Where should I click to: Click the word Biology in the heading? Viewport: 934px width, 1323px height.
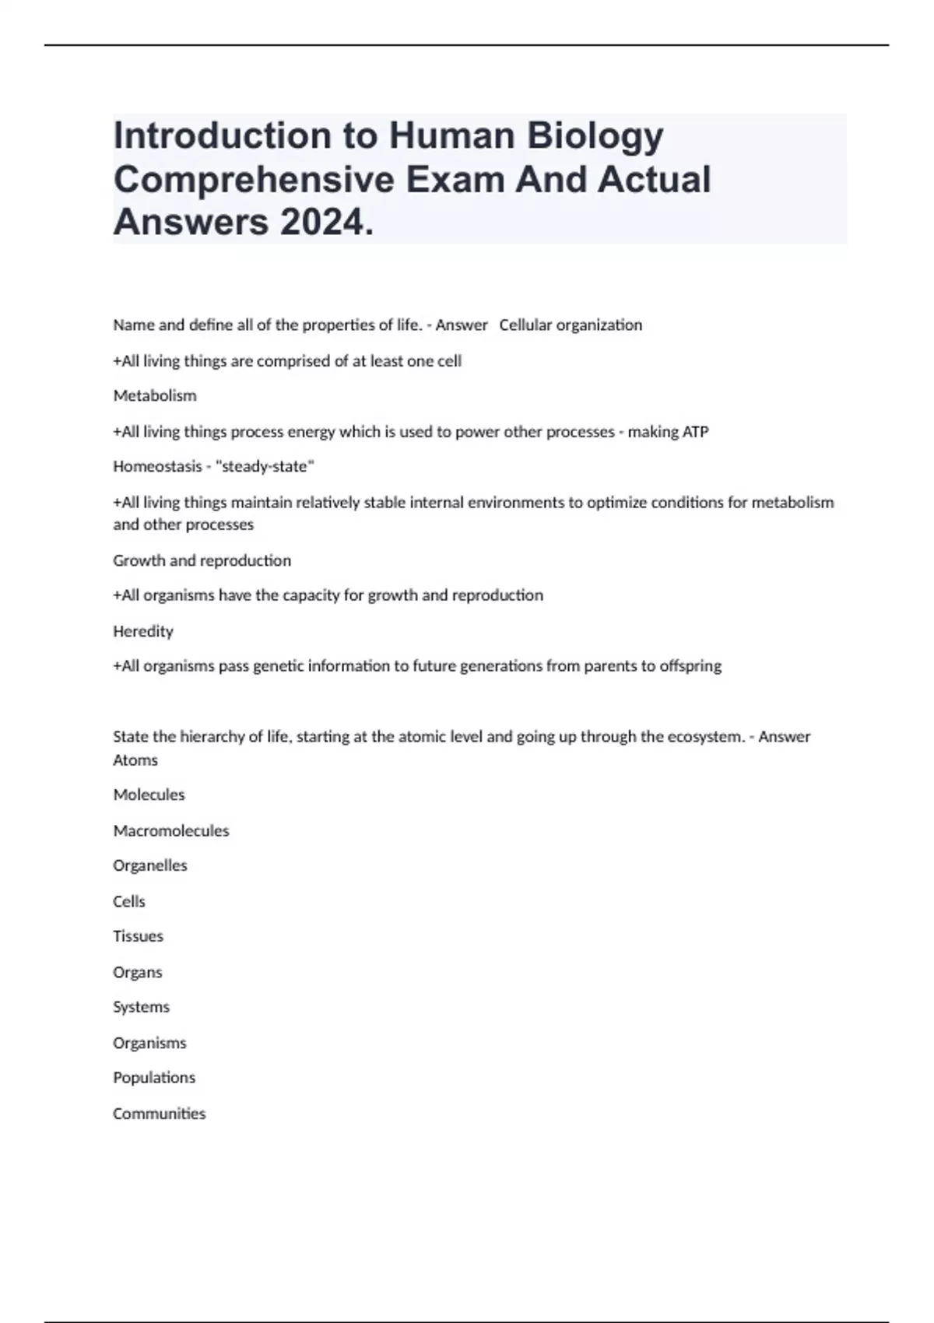[595, 136]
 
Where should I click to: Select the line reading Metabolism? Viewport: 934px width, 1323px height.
[155, 396]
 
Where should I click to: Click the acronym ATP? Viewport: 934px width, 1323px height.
[695, 432]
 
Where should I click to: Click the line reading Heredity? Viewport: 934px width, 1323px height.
[143, 631]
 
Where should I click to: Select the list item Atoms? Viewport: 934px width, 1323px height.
[135, 760]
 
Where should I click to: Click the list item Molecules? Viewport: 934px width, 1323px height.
[149, 795]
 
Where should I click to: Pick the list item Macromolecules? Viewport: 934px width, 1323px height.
[171, 831]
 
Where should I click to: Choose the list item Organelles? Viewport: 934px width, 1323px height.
[150, 866]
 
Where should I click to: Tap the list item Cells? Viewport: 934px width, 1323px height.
[129, 902]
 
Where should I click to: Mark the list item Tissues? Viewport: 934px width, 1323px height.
[138, 936]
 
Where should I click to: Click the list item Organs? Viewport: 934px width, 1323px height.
[138, 973]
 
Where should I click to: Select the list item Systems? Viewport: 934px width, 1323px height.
[141, 1007]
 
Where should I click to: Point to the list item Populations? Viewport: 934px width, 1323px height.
[154, 1078]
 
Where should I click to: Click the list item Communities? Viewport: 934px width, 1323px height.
[159, 1114]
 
